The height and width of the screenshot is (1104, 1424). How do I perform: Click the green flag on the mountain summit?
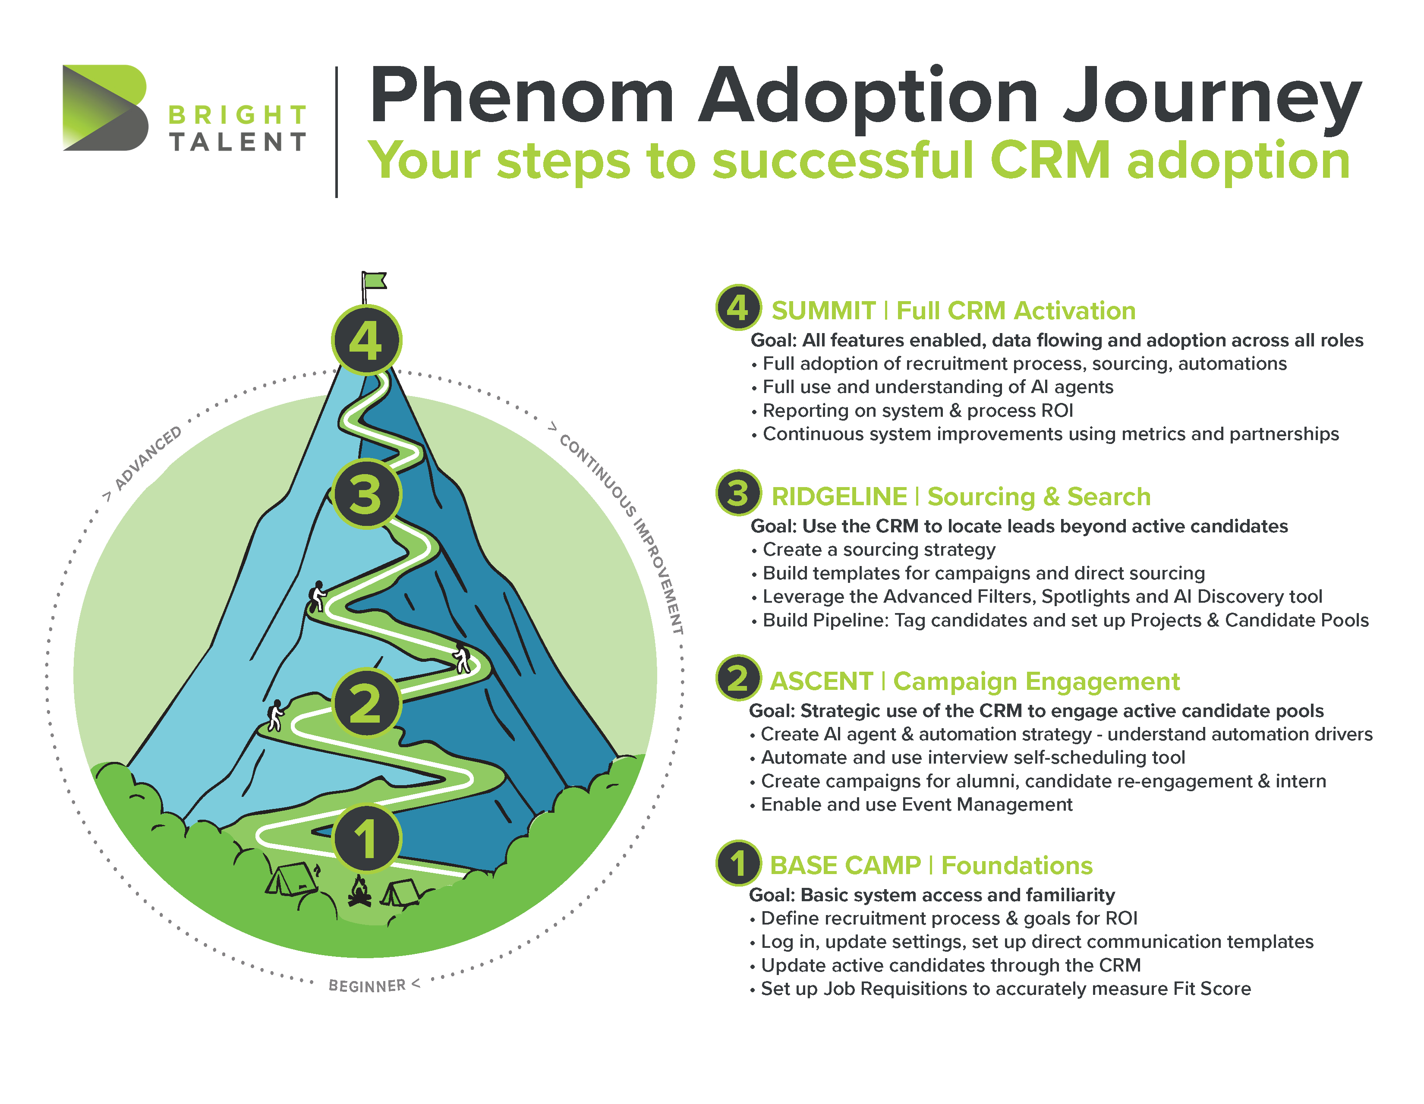pyautogui.click(x=374, y=281)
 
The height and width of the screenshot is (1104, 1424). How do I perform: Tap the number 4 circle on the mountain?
pyautogui.click(x=366, y=340)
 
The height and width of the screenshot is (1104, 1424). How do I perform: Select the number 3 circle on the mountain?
pyautogui.click(x=366, y=494)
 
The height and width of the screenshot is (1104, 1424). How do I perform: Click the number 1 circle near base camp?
pyautogui.click(x=366, y=838)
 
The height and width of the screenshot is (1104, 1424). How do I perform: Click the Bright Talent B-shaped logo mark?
pyautogui.click(x=106, y=107)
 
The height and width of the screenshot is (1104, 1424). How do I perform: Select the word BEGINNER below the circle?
pyautogui.click(x=367, y=985)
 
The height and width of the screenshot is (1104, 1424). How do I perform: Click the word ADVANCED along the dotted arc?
pyautogui.click(x=148, y=458)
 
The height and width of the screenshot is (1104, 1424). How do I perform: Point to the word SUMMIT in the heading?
pyautogui.click(x=823, y=311)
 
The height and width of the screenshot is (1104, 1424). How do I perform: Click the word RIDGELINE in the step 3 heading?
pyautogui.click(x=839, y=497)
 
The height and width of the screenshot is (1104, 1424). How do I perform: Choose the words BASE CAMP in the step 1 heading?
pyautogui.click(x=845, y=865)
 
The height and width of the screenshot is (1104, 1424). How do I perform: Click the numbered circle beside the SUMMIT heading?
pyautogui.click(x=738, y=308)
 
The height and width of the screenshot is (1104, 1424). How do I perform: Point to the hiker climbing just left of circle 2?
pyautogui.click(x=276, y=715)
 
